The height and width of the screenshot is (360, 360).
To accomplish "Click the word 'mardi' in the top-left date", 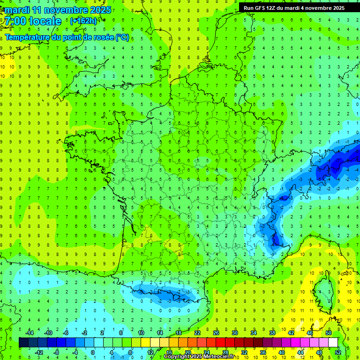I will click(17, 10).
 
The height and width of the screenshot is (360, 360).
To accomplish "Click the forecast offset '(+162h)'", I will click(83, 21).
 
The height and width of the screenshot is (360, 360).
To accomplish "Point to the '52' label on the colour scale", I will click(338, 352).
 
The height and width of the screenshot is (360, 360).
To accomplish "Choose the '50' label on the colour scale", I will click(329, 332).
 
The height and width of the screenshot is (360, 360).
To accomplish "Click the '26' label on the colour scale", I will click(216, 332).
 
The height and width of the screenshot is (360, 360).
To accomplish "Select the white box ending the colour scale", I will click(333, 342).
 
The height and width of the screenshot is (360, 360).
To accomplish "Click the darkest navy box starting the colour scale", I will click(23, 342).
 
